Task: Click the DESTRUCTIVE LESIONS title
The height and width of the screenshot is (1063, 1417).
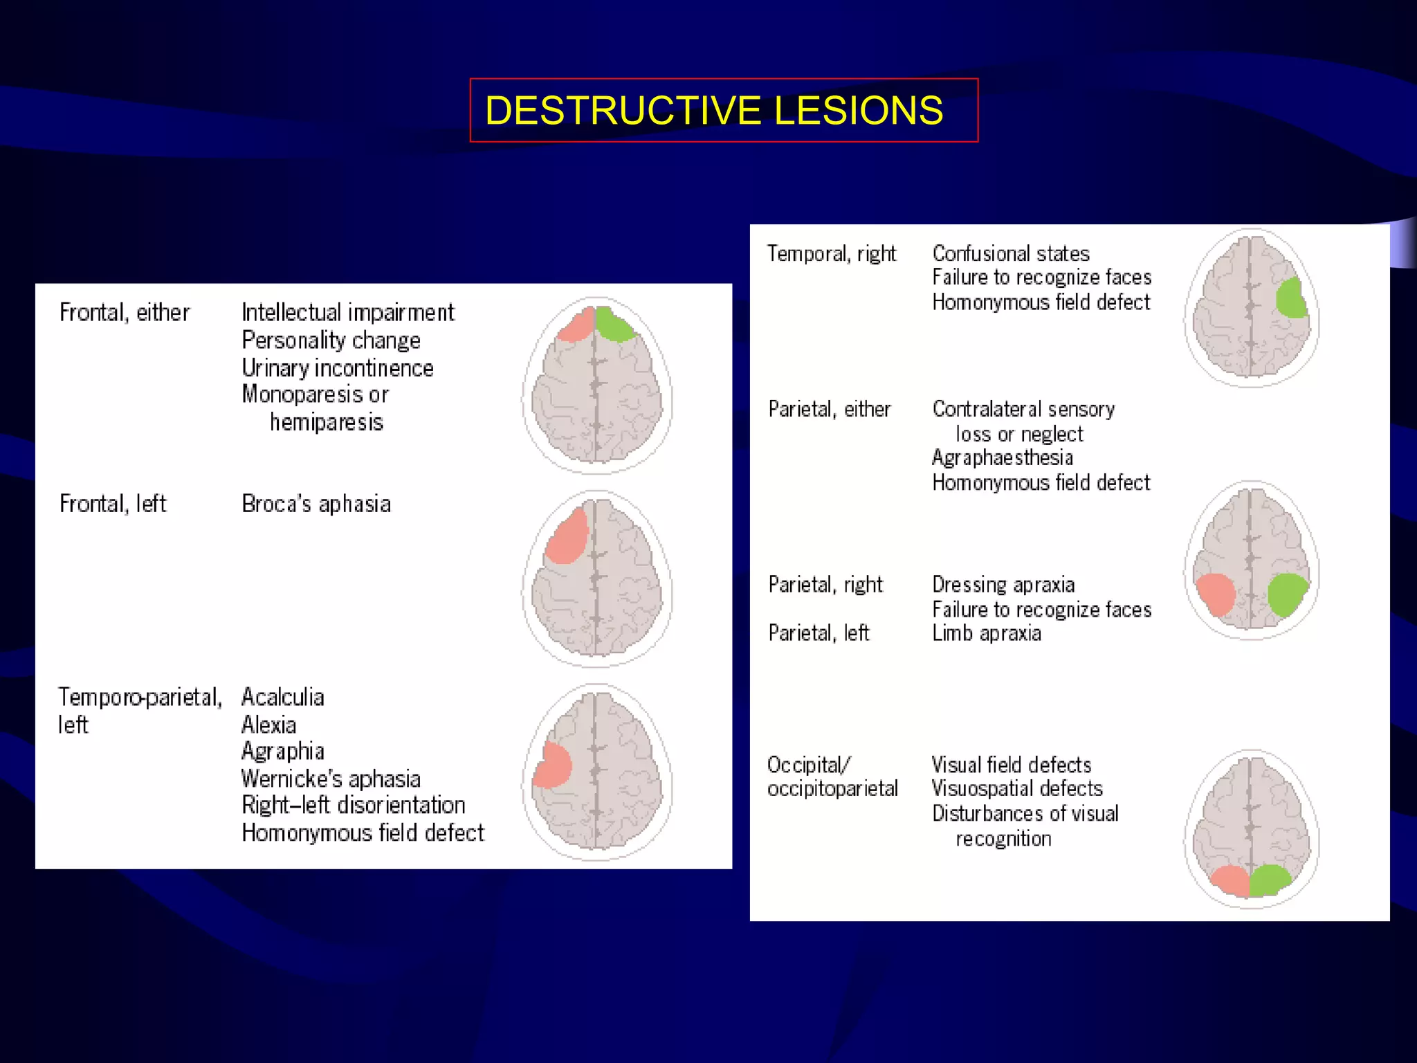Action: (x=714, y=111)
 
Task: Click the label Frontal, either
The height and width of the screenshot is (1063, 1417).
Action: (x=124, y=313)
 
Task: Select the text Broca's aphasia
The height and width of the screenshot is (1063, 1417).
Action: (x=316, y=504)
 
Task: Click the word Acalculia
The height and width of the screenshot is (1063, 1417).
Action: (x=282, y=697)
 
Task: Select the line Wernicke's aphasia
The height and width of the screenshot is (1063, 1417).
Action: (x=331, y=779)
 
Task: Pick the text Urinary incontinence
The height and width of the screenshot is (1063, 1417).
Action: (x=338, y=368)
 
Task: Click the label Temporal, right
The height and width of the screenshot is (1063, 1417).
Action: (x=831, y=254)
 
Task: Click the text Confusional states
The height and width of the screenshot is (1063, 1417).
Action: (x=1010, y=254)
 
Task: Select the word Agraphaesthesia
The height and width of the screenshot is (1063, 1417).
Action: (x=1002, y=458)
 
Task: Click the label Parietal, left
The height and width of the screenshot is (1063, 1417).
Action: (x=819, y=633)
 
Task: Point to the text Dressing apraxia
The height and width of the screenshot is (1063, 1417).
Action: (x=1003, y=585)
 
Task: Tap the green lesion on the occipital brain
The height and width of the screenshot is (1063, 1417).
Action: (x=1269, y=880)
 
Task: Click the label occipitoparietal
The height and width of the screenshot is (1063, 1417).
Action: (x=832, y=789)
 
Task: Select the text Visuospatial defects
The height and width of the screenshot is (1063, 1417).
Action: (x=1017, y=789)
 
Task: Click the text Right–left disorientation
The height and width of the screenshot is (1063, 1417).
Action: (x=353, y=806)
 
